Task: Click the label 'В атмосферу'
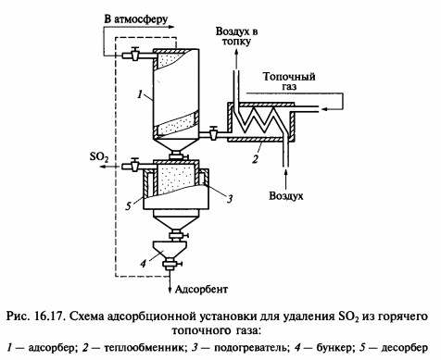pyautogui.click(x=136, y=19)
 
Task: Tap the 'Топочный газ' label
pyautogui.click(x=289, y=81)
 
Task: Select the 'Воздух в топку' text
pyautogui.click(x=236, y=36)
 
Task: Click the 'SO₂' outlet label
pyautogui.click(x=99, y=157)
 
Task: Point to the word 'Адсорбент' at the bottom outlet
pyautogui.click(x=201, y=290)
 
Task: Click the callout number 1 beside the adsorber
pyautogui.click(x=140, y=93)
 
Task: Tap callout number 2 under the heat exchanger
pyautogui.click(x=255, y=159)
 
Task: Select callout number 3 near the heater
pyautogui.click(x=230, y=199)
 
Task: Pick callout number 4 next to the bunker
pyautogui.click(x=143, y=264)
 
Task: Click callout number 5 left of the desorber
pyautogui.click(x=129, y=205)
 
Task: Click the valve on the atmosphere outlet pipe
pyautogui.click(x=134, y=55)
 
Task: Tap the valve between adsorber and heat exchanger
pyautogui.click(x=212, y=133)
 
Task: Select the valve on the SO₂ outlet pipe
pyautogui.click(x=134, y=165)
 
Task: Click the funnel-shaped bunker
pyautogui.click(x=170, y=249)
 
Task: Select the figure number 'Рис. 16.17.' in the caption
pyautogui.click(x=36, y=317)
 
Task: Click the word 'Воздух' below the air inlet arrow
pyautogui.click(x=286, y=196)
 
